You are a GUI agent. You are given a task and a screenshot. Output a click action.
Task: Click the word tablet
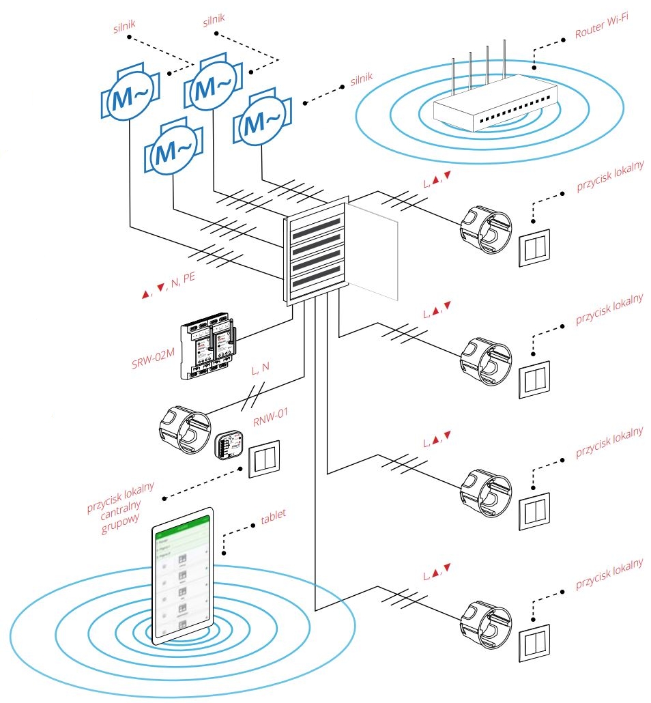coord(273,516)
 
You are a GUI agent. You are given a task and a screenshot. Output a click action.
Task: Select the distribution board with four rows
coord(315,253)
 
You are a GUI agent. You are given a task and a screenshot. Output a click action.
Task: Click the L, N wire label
coord(260,369)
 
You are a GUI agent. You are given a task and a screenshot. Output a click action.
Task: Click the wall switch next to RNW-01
coord(263,460)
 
